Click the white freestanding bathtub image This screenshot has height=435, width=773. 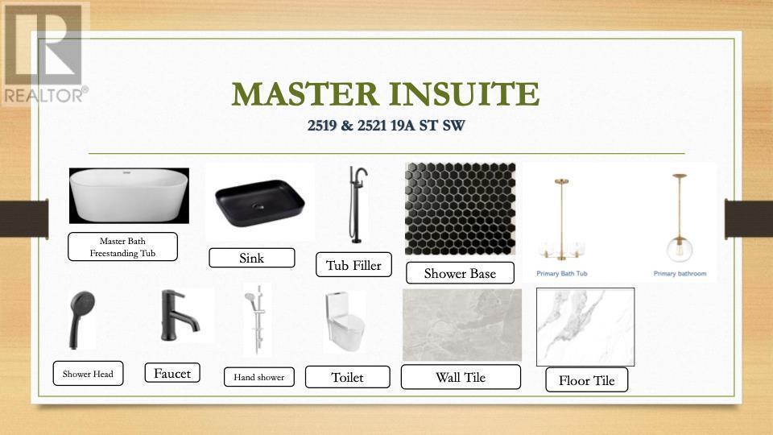[x=129, y=196]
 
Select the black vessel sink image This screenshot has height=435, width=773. [x=260, y=203]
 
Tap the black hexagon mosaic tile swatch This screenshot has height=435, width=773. [x=460, y=209]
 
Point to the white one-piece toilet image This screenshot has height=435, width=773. [x=345, y=321]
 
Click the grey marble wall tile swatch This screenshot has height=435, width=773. [x=462, y=325]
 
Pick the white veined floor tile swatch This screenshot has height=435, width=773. [x=585, y=327]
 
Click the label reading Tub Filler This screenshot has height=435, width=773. [x=354, y=265]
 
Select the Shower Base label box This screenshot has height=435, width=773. [x=460, y=273]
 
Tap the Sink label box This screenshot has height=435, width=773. [x=252, y=258]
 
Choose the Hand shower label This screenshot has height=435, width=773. [x=259, y=377]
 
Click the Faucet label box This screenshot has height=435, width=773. [x=172, y=373]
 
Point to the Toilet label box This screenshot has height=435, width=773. [x=348, y=377]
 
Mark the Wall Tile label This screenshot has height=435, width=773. [x=461, y=377]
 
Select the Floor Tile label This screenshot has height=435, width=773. [x=587, y=379]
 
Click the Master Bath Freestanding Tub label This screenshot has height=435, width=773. [x=122, y=246]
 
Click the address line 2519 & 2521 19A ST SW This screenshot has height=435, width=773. [x=386, y=126]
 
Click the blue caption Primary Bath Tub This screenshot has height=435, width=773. [x=562, y=273]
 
